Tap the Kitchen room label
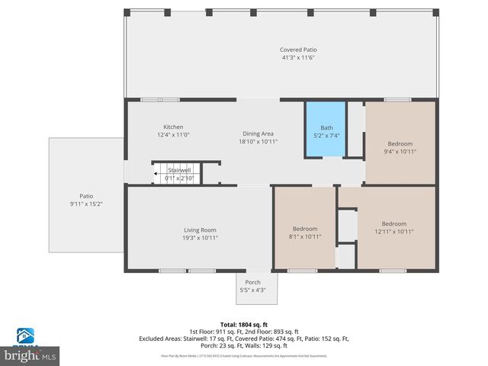coord(173,127)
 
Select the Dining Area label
coord(258,133)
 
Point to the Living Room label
coord(200,230)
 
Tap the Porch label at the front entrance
coord(252,282)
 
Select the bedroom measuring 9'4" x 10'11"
coord(400,147)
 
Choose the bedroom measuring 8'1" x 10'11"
coord(305,233)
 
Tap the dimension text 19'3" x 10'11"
coord(200,237)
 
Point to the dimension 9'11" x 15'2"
coord(86,204)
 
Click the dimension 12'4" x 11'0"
coord(173,135)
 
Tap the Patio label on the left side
coord(86,196)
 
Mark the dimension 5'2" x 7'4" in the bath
coord(326,136)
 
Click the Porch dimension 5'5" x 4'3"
coord(252,290)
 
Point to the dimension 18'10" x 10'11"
coord(258,141)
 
